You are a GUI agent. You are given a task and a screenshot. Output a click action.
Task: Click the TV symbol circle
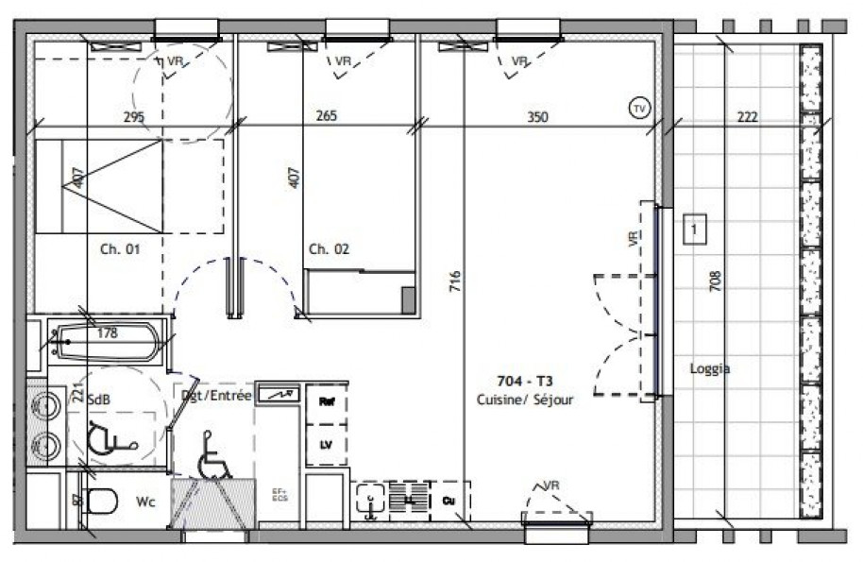[639, 109]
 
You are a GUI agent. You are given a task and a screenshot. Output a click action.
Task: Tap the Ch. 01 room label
[120, 249]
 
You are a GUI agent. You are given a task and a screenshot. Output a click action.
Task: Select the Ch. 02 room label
[329, 249]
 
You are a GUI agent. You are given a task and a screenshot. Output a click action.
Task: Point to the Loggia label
[709, 369]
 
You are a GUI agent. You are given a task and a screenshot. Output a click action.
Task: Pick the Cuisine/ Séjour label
[526, 400]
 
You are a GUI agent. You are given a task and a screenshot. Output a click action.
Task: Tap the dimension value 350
[537, 117]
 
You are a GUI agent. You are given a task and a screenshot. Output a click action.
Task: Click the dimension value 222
[747, 117]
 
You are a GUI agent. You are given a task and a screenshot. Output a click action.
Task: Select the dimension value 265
[327, 117]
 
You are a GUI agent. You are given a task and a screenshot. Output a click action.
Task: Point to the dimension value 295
[134, 117]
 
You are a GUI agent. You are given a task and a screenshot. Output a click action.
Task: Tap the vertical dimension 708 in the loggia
[716, 281]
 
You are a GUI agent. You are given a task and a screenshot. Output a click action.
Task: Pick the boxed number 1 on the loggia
[695, 229]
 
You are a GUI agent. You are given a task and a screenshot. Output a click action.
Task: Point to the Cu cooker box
[449, 498]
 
